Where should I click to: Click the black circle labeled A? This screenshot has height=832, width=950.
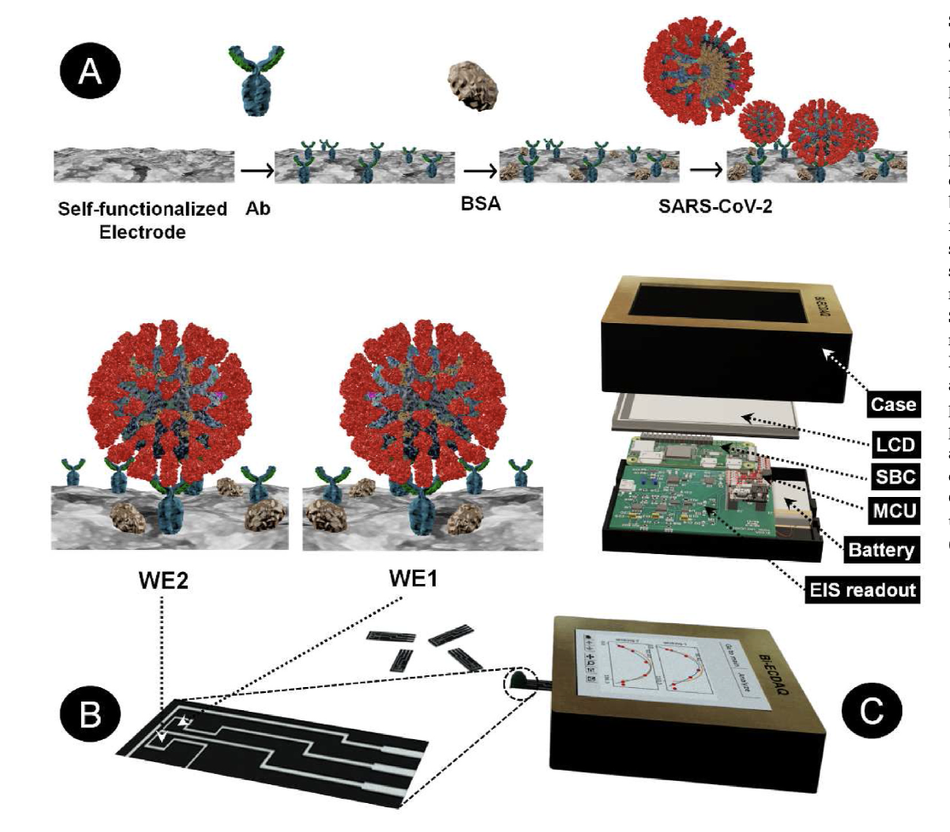(x=88, y=66)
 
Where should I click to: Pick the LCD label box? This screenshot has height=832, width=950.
(x=895, y=444)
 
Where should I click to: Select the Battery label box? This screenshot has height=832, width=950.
(x=881, y=549)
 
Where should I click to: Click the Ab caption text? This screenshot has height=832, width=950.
(x=258, y=208)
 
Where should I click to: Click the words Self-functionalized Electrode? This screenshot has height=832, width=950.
(x=142, y=219)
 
